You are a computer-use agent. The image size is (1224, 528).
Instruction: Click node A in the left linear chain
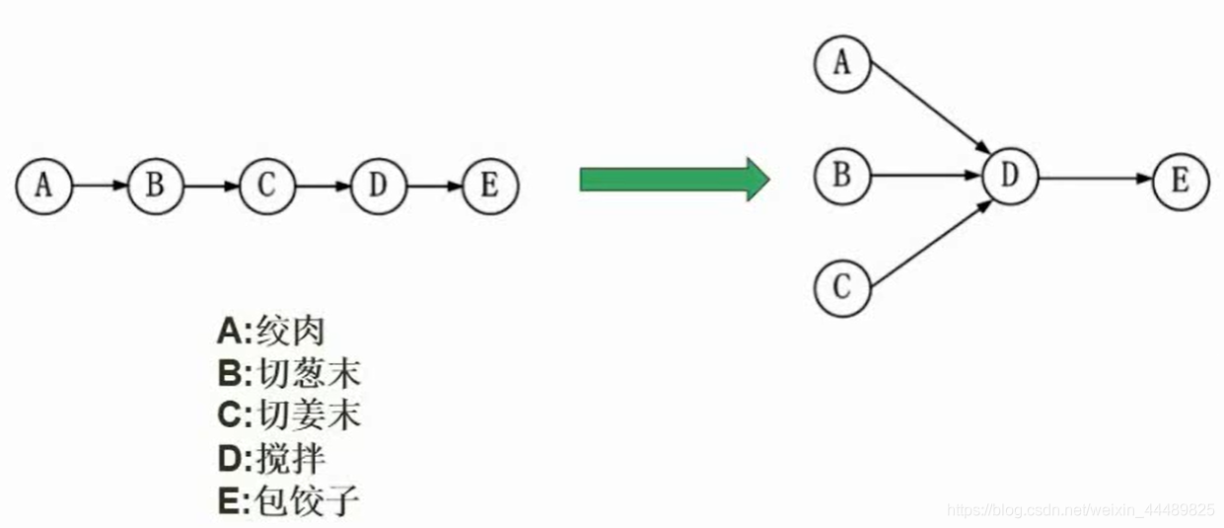click(44, 186)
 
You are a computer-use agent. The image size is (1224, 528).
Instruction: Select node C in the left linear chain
click(265, 186)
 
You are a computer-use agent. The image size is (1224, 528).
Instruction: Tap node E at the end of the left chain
click(488, 186)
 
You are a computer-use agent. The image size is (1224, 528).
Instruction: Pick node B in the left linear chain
click(155, 186)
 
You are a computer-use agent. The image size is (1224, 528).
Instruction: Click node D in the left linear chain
click(377, 186)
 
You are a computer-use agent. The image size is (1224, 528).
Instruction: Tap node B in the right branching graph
click(841, 177)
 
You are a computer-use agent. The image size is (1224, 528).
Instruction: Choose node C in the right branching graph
click(841, 288)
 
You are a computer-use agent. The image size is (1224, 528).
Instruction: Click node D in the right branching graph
click(1009, 177)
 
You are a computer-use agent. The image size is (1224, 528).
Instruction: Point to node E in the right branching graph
click(1181, 181)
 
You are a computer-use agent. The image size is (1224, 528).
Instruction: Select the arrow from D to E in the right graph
click(1095, 179)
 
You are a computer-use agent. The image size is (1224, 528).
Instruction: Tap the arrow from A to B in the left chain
click(100, 186)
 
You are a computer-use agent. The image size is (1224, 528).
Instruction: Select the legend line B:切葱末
click(288, 374)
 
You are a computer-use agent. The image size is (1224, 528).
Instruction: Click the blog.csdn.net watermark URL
click(1080, 510)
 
